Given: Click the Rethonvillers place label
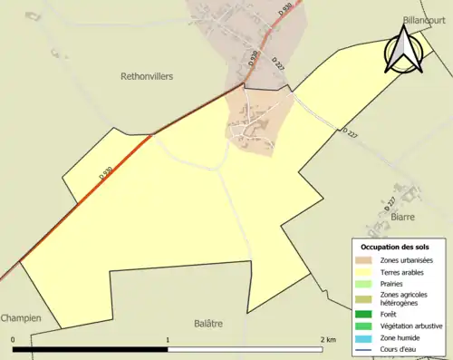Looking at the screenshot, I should pos(147,77).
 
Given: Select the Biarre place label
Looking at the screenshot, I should pos(402,218).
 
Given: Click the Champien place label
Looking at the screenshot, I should pos(21,319).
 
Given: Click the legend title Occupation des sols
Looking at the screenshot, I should pos(396,248).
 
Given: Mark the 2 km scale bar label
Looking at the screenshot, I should pos(329,340).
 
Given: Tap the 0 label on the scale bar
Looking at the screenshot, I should pos(14,340).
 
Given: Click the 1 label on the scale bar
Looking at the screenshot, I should pos(168,340).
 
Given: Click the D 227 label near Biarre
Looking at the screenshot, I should pos(390,202).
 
